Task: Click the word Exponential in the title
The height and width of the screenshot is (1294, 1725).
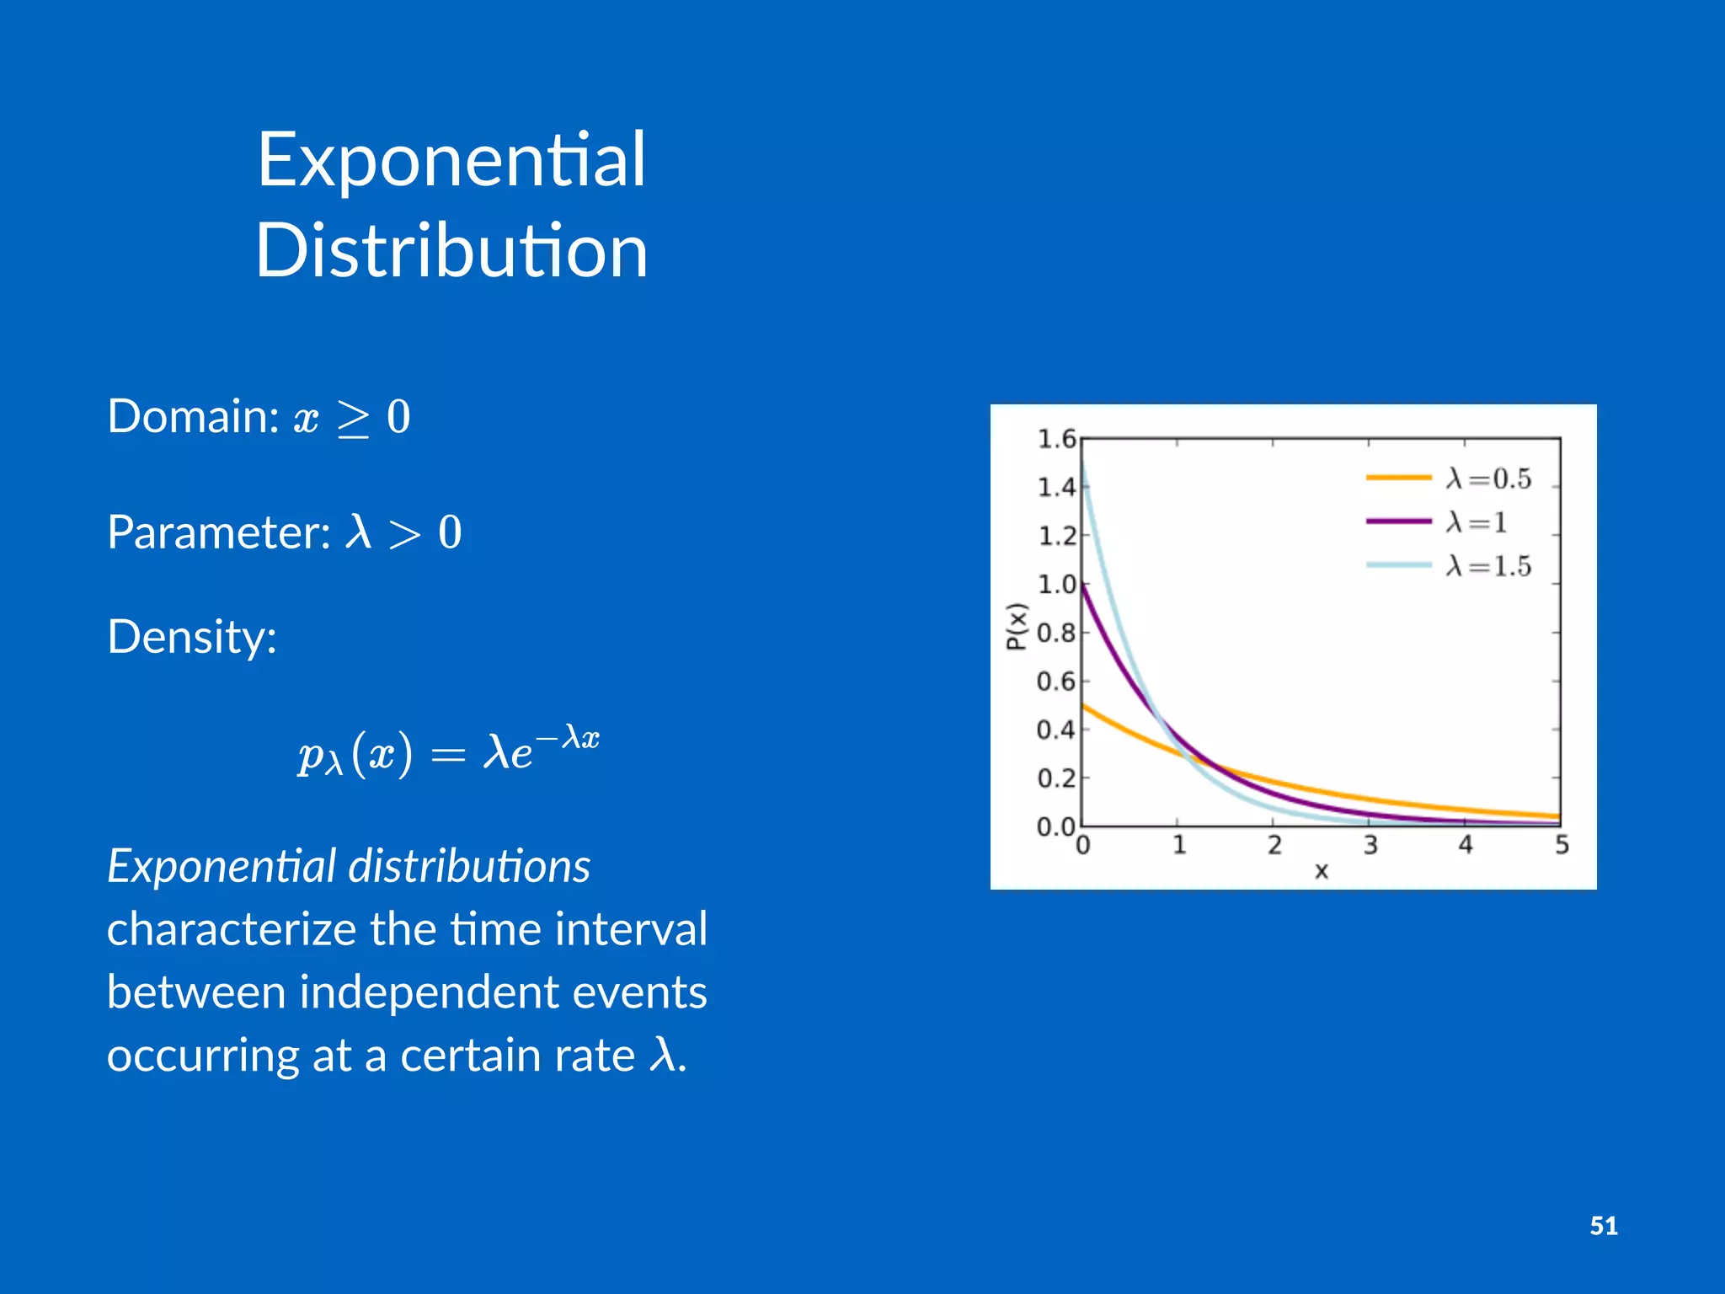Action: pyautogui.click(x=451, y=160)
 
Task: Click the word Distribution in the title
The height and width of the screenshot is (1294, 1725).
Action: pyautogui.click(x=451, y=250)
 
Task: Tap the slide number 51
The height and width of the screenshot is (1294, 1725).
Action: pyautogui.click(x=1603, y=1226)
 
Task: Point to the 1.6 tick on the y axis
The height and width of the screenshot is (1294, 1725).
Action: pyautogui.click(x=1056, y=439)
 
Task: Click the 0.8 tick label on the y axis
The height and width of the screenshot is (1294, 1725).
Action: pyautogui.click(x=1056, y=633)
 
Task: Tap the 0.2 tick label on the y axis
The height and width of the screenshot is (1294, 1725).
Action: pyautogui.click(x=1056, y=778)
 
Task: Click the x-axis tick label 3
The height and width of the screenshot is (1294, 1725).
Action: pyautogui.click(x=1370, y=845)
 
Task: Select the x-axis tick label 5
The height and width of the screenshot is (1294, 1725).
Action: pyautogui.click(x=1562, y=845)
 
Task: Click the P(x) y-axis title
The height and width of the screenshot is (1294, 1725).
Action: pyautogui.click(x=1017, y=627)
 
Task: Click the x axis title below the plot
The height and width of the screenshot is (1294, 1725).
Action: pyautogui.click(x=1321, y=872)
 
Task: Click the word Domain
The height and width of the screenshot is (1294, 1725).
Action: pyautogui.click(x=193, y=416)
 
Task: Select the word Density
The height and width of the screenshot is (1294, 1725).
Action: pyautogui.click(x=191, y=637)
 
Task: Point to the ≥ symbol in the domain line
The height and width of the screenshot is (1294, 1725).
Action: pyautogui.click(x=353, y=419)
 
